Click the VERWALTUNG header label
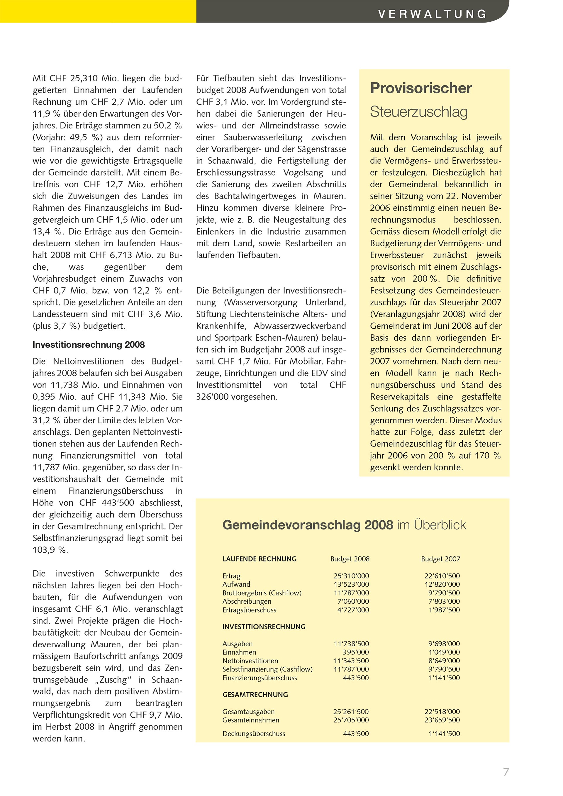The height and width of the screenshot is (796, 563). (432, 14)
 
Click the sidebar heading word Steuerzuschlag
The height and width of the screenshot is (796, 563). (419, 112)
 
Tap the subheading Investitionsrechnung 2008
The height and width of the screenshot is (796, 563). (89, 344)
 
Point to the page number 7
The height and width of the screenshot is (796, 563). (506, 772)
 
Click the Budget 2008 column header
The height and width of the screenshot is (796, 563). (350, 559)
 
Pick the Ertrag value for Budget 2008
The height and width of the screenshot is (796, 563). (351, 576)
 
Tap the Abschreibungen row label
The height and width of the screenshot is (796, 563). (247, 602)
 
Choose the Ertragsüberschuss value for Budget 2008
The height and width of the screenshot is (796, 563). (353, 610)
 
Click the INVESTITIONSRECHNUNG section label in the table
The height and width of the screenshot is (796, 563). (264, 627)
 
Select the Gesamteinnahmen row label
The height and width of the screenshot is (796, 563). (251, 720)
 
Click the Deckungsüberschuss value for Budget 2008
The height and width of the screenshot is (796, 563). (356, 734)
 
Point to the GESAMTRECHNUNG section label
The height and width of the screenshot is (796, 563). (255, 695)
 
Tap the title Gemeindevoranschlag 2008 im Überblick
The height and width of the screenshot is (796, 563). (344, 525)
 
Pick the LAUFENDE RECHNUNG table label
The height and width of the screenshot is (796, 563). (259, 559)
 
